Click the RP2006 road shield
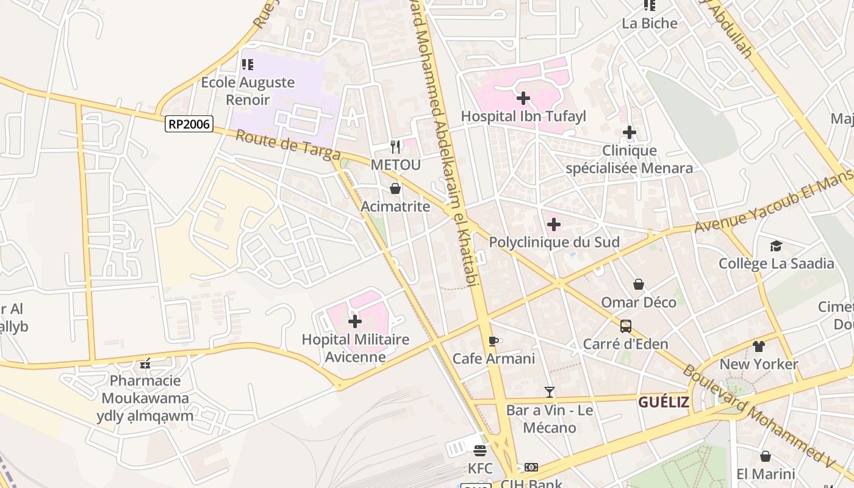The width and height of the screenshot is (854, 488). click(x=189, y=124)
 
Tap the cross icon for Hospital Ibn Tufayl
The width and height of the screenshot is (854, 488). click(x=523, y=98)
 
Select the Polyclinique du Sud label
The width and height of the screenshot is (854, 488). click(x=554, y=242)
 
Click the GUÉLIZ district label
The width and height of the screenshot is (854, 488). click(x=664, y=403)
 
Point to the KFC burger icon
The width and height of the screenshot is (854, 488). click(x=480, y=451)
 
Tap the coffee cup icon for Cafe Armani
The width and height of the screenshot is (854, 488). click(x=493, y=341)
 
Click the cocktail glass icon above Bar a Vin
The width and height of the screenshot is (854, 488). click(x=550, y=392)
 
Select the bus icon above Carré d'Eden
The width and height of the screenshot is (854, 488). click(x=625, y=326)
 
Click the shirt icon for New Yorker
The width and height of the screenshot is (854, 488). click(x=758, y=346)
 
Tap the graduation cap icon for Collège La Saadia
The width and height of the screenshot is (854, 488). click(x=775, y=246)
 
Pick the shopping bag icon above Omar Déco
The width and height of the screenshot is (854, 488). click(x=638, y=284)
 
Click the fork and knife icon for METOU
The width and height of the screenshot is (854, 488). click(x=395, y=146)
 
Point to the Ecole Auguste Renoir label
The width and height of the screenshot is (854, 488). click(x=248, y=90)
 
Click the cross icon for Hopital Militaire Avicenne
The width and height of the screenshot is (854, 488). click(x=355, y=321)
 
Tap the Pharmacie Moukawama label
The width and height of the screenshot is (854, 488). click(x=145, y=389)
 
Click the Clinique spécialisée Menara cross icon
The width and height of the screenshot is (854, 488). click(x=629, y=132)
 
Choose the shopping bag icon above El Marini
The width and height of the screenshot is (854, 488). click(x=765, y=456)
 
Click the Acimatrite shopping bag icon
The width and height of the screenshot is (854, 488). click(x=395, y=188)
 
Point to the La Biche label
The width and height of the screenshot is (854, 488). click(x=650, y=23)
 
